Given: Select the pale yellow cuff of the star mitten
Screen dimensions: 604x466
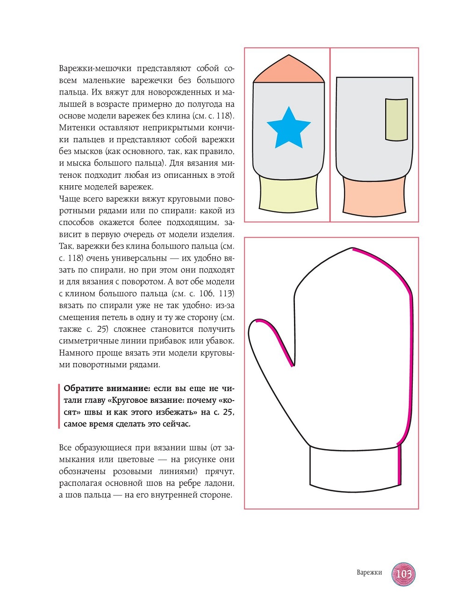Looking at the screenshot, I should pyautogui.click(x=289, y=195).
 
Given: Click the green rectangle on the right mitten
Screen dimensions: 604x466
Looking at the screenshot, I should pyautogui.click(x=396, y=119).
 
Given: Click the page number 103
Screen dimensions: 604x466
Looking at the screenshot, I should pyautogui.click(x=403, y=574).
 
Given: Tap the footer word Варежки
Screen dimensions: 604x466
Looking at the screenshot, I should pyautogui.click(x=369, y=572).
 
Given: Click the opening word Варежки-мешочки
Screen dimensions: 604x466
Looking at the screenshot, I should pyautogui.click(x=95, y=68).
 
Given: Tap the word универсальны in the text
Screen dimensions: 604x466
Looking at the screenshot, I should pyautogui.click(x=141, y=258).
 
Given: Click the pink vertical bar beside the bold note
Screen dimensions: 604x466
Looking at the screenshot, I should pyautogui.click(x=59, y=406).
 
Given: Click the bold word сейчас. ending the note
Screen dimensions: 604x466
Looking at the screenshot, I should pyautogui.click(x=175, y=424).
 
